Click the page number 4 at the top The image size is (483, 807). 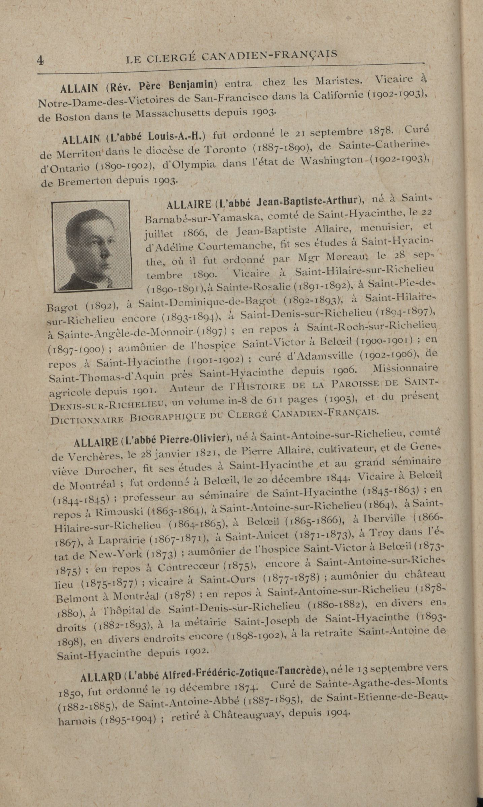pos(40,61)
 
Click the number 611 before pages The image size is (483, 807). pos(277,400)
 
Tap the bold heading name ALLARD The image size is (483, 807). pos(101,676)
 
